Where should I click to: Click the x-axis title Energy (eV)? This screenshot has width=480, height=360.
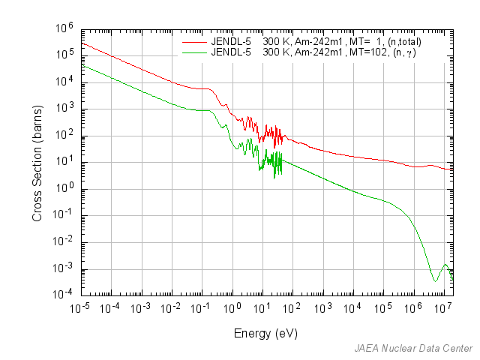coord(266,333)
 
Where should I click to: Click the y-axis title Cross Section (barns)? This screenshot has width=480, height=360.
coord(37,161)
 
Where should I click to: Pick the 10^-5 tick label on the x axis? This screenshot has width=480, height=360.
coord(80,307)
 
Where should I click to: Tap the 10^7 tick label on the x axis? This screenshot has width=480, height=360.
coord(443,307)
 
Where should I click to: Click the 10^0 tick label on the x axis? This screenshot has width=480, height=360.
coord(232,307)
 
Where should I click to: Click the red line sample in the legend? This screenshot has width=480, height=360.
coord(193,43)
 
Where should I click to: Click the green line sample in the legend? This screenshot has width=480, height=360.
coord(193,53)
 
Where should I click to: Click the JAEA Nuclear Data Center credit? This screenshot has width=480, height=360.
coord(414,349)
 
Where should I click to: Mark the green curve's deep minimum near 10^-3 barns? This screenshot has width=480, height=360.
coord(435,281)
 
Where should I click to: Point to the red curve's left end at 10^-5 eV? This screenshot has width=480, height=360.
coord(82,43)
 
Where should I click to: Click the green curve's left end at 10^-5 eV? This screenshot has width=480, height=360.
coord(82,65)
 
